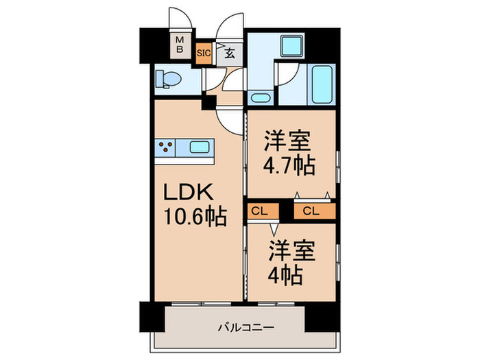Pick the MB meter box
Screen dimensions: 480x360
180,45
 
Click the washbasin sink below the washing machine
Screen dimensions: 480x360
259,96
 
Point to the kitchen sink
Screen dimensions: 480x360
200,146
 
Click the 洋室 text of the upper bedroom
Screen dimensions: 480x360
287,141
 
